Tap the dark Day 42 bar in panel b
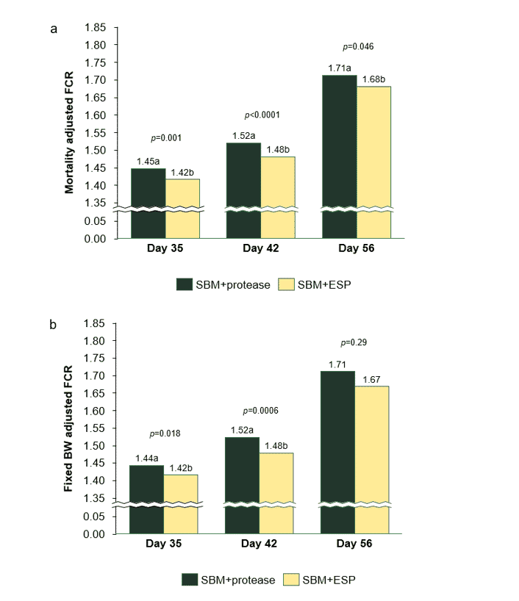pyautogui.click(x=242, y=485)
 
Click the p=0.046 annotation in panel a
pyautogui.click(x=358, y=47)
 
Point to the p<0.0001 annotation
pyautogui.click(x=262, y=115)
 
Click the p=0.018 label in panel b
pyautogui.click(x=165, y=433)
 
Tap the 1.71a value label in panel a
pyautogui.click(x=339, y=68)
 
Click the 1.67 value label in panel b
pyautogui.click(x=372, y=379)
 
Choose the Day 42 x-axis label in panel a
pyautogui.click(x=261, y=249)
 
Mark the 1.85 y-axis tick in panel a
pyautogui.click(x=96, y=28)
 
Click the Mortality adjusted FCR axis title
pyautogui.click(x=69, y=133)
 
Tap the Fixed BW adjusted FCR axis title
pyautogui.click(x=69, y=430)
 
